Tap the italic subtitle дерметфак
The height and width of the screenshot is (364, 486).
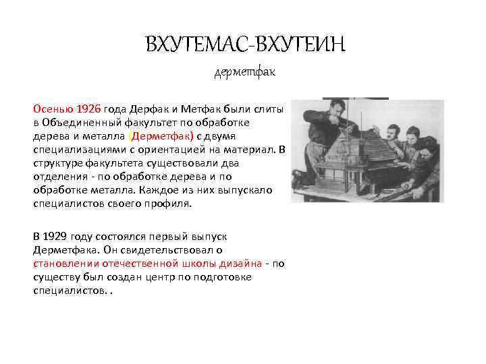click(244, 71)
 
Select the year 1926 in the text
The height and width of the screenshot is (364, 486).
click(88, 109)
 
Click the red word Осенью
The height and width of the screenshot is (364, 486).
click(53, 109)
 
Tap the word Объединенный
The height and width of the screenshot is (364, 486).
click(83, 122)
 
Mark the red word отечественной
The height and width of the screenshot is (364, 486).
click(142, 263)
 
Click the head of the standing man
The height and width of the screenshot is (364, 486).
click(336, 107)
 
